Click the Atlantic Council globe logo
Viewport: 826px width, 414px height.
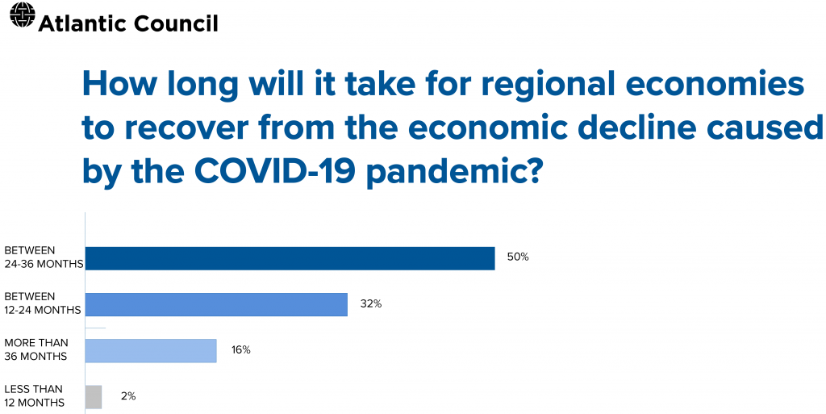pos(22,15)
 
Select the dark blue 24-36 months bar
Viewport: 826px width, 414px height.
pos(290,258)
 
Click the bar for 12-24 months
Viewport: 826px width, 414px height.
pos(216,304)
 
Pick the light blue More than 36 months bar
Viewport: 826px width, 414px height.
pos(151,351)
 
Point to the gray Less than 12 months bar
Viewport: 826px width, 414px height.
pos(94,397)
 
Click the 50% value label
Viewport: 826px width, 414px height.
pos(518,257)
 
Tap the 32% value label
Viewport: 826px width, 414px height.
pos(371,304)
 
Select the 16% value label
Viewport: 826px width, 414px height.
pos(240,350)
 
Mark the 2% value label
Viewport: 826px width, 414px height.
pos(128,396)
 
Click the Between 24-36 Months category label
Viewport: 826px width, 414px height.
pos(44,257)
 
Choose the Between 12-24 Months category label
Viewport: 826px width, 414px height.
pos(42,304)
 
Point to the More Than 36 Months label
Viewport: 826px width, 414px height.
pos(35,349)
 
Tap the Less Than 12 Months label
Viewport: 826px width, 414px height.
pos(34,396)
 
